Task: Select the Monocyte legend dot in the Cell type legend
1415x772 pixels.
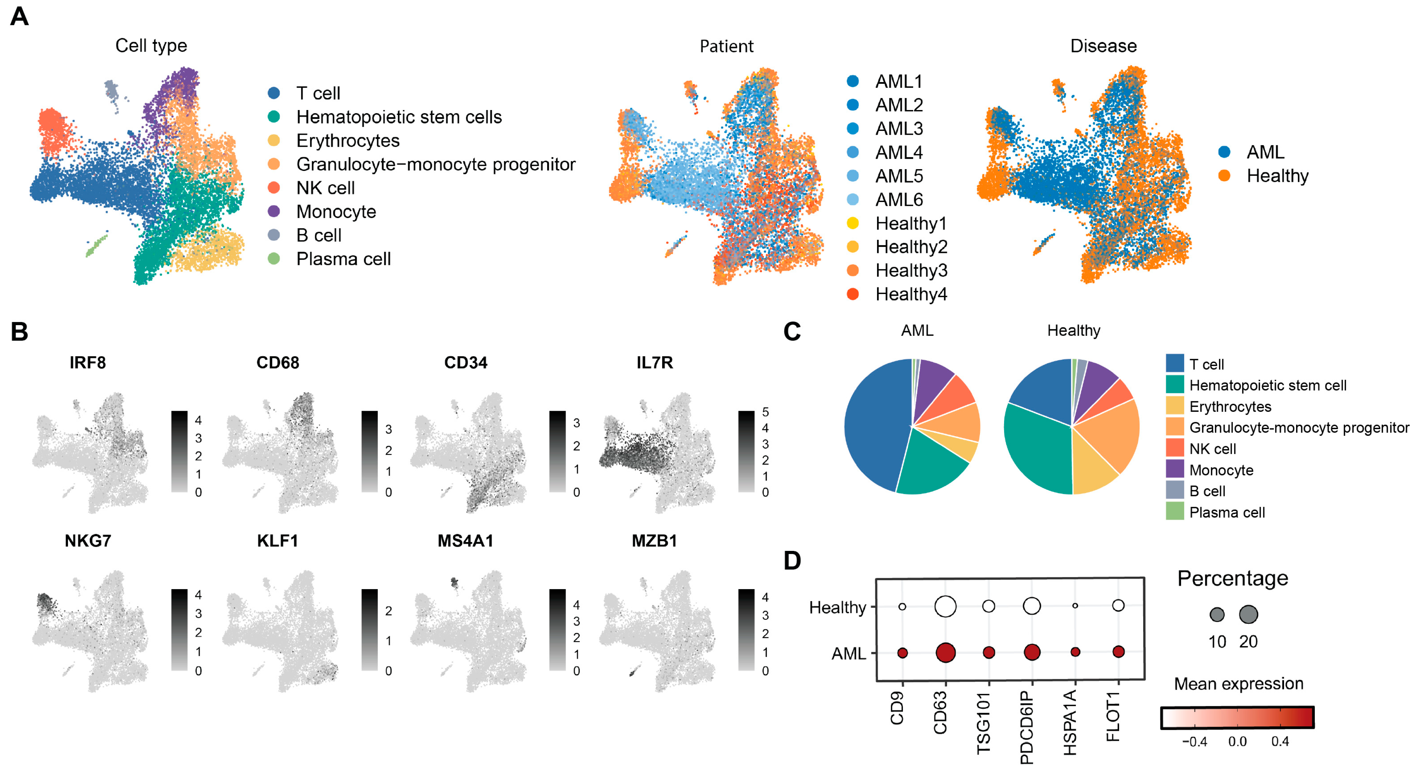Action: point(274,211)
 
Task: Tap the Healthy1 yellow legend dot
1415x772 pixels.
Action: point(853,223)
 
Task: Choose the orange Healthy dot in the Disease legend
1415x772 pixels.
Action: point(1224,176)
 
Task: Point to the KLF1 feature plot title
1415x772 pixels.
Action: point(277,541)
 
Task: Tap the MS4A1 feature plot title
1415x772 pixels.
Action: point(465,541)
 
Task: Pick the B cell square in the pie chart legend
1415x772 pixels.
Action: point(1174,490)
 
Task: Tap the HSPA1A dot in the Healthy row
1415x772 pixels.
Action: point(1075,606)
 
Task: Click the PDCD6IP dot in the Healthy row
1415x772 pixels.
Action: point(1032,606)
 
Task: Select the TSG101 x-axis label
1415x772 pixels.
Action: point(983,723)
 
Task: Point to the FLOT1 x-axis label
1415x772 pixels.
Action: point(1113,716)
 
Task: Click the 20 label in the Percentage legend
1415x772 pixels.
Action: point(1248,641)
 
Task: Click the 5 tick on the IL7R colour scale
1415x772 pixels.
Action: point(765,412)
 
